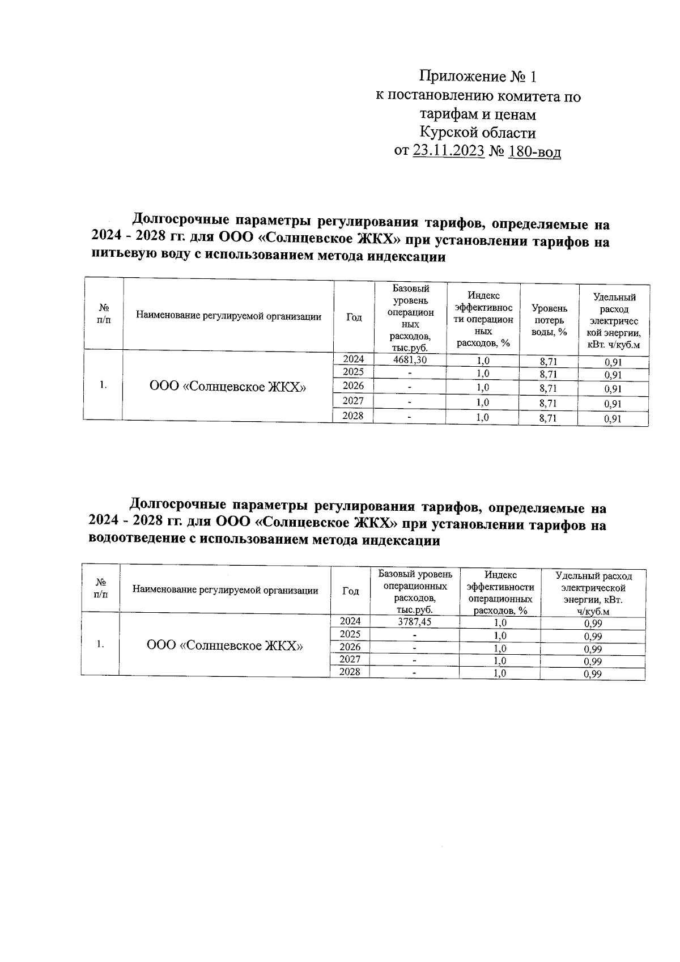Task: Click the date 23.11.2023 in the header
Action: pos(448,151)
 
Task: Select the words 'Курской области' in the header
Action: pos(477,133)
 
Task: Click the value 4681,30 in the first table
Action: pos(410,360)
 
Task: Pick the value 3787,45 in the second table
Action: pos(415,622)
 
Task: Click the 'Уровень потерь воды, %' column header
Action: pos(549,320)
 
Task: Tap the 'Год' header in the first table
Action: pos(354,317)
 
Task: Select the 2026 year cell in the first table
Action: pos(354,387)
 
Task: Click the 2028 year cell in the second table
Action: pos(350,672)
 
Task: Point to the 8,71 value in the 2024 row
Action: pos(548,361)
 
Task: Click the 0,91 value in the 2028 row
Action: pos(613,419)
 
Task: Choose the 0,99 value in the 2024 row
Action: pos(593,624)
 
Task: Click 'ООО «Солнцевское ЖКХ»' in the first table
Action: pos(228,387)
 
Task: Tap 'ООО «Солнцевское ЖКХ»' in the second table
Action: pos(224,646)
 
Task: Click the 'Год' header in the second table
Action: pos(351,591)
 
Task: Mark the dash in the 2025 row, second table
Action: pos(415,635)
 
